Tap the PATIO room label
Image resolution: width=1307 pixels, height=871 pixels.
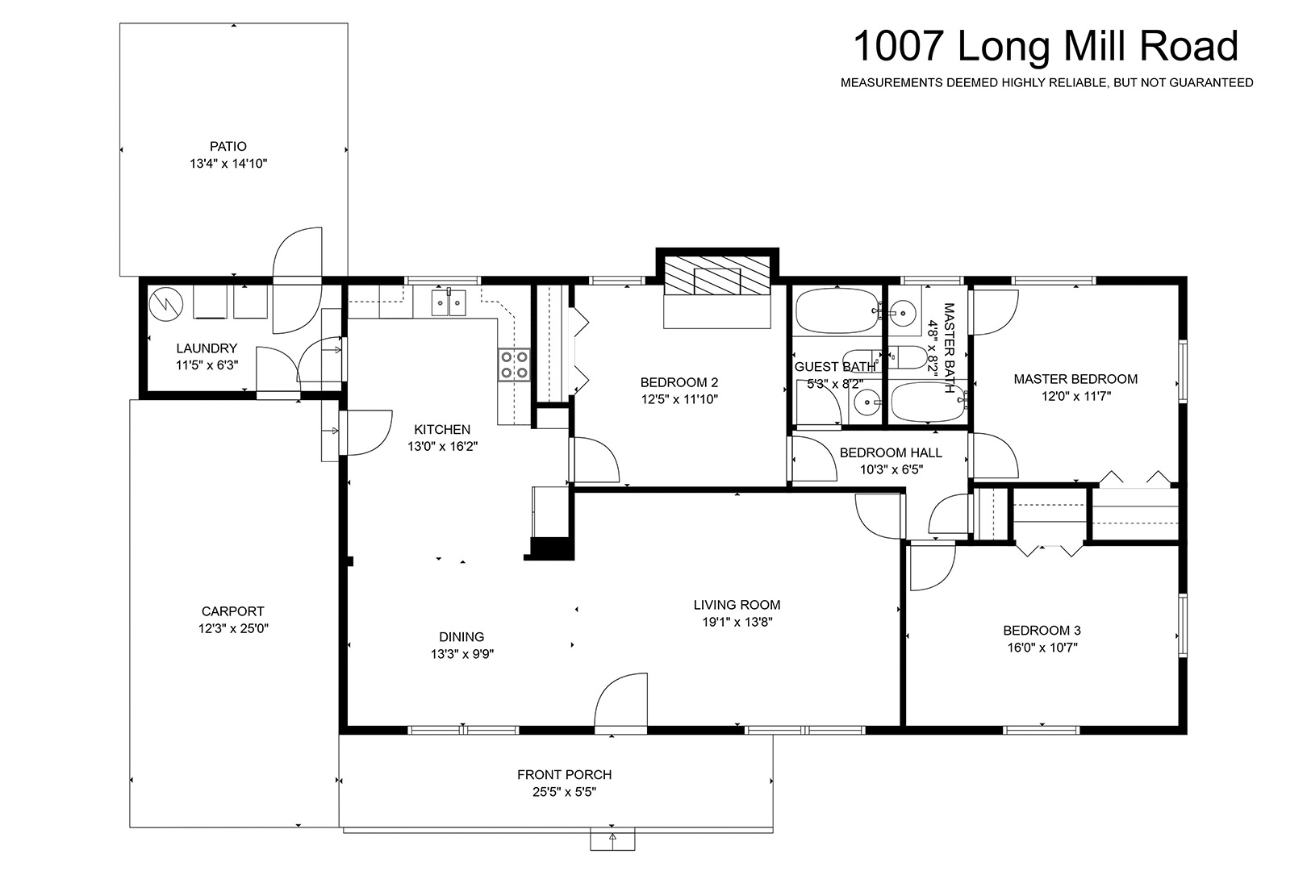click(228, 147)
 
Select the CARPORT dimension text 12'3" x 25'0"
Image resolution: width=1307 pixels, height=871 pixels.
click(233, 628)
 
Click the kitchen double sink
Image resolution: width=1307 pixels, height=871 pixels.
click(449, 302)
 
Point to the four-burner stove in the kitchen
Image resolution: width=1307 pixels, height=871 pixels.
click(514, 365)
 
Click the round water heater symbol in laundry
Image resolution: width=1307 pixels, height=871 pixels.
click(166, 304)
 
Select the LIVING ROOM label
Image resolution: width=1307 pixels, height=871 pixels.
click(737, 605)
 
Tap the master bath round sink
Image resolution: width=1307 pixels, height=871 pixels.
click(904, 313)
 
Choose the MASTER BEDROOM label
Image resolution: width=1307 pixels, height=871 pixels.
click(1075, 379)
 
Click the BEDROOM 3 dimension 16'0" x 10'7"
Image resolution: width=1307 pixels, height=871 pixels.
click(1042, 647)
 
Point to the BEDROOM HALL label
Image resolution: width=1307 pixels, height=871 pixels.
click(891, 452)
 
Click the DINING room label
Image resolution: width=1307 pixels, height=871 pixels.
click(461, 636)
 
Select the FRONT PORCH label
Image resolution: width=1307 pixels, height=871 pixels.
click(564, 775)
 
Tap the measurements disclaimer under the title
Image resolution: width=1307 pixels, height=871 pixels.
click(1046, 83)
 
